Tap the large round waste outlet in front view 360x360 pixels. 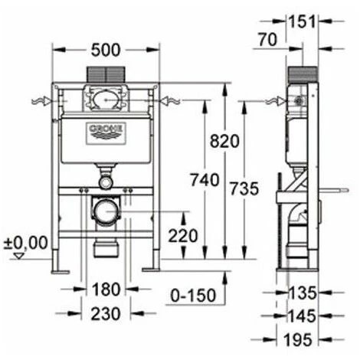pyautogui.click(x=106, y=208)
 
